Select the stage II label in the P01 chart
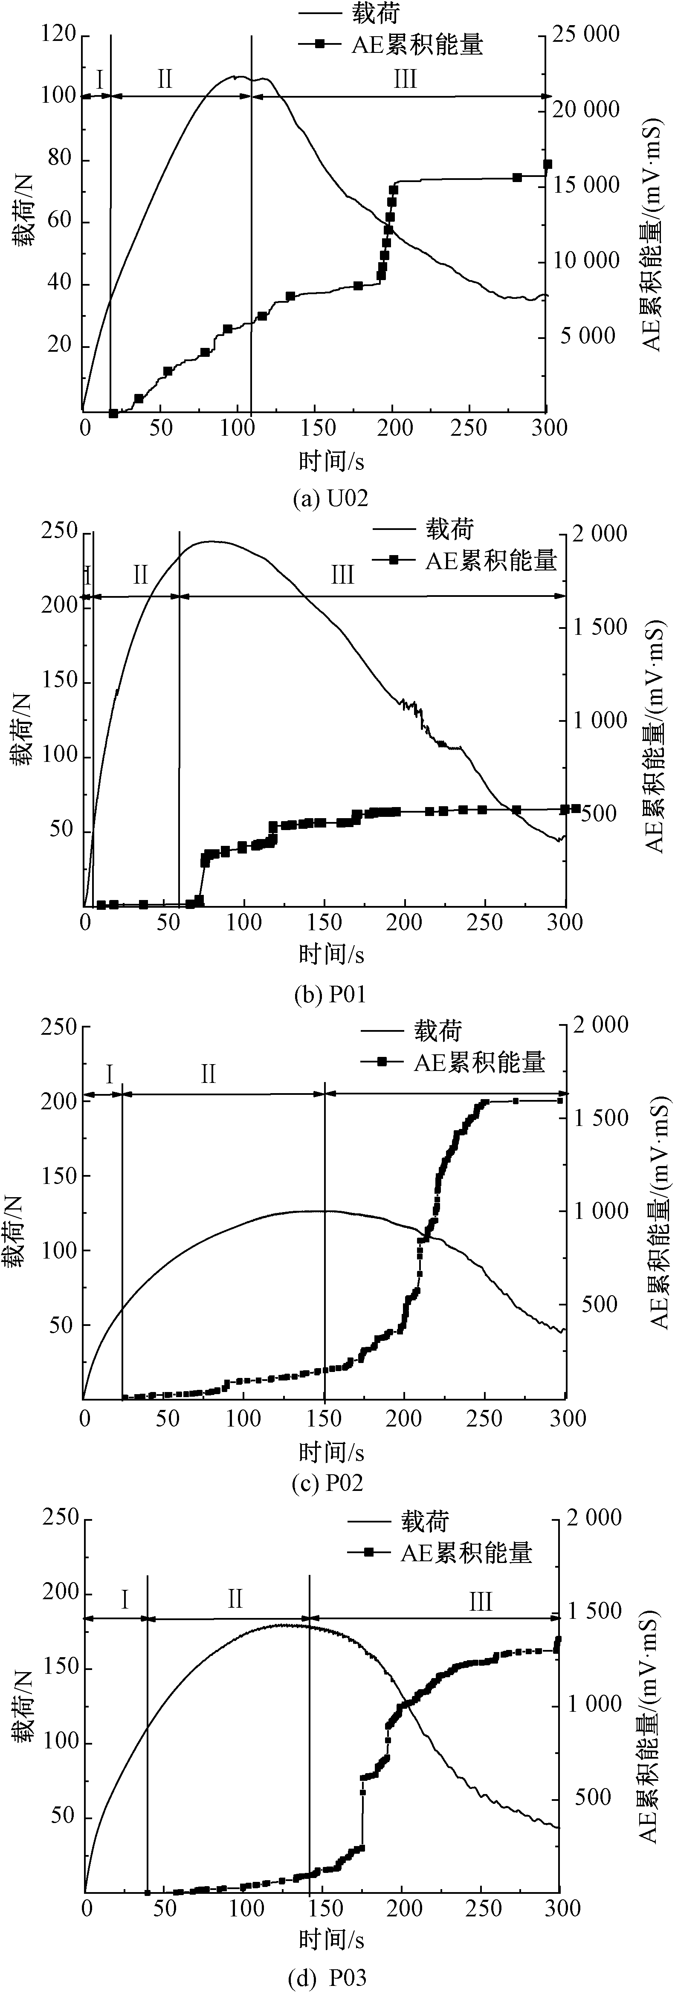(140, 574)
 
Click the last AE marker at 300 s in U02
(547, 164)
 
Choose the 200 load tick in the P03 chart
(59, 1592)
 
